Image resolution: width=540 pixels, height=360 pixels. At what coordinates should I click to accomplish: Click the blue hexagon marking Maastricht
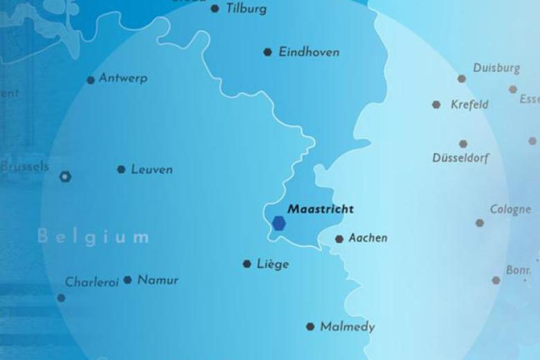click(278, 223)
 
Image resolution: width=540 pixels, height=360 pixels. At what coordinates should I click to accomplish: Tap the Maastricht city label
click(321, 209)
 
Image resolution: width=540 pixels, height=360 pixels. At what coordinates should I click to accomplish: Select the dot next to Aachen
click(339, 240)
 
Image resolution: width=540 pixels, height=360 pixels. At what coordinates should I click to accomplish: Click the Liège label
click(273, 264)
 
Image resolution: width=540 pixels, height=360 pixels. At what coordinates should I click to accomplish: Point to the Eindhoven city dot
click(267, 52)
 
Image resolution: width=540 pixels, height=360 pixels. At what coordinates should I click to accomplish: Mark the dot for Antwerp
click(91, 80)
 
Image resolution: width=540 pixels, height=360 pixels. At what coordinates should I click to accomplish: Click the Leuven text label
click(152, 170)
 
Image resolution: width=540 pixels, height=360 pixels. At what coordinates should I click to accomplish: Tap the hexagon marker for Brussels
click(65, 177)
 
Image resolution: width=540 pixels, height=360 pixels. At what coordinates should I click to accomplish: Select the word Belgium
click(93, 237)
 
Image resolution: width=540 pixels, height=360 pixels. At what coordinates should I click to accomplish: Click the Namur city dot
click(127, 280)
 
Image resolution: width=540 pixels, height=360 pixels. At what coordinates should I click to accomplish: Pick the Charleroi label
click(92, 282)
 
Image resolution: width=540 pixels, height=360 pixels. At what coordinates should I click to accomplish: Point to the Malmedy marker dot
click(310, 327)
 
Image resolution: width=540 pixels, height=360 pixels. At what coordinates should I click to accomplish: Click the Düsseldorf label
click(460, 159)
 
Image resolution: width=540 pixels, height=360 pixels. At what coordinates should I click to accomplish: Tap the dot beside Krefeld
click(436, 105)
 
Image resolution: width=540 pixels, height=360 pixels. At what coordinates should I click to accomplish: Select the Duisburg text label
click(496, 68)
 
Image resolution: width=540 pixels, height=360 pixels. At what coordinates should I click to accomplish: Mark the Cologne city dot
click(480, 223)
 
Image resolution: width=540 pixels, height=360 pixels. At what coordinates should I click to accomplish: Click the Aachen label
click(368, 238)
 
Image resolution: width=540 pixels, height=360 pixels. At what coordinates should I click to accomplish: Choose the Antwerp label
click(123, 78)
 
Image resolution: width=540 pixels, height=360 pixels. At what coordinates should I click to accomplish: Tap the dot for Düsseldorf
click(463, 144)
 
